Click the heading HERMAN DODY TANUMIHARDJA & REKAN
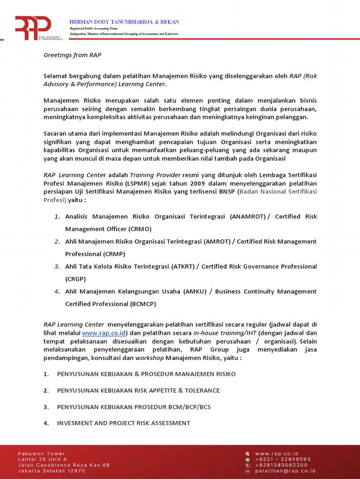pyautogui.click(x=124, y=22)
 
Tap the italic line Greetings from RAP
pyautogui.click(x=72, y=55)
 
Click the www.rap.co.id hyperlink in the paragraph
pyautogui.click(x=103, y=333)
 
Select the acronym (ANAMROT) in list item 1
pyautogui.click(x=248, y=217)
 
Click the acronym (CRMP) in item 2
pyautogui.click(x=114, y=254)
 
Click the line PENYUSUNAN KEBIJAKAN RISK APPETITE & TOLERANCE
pyautogui.click(x=138, y=390)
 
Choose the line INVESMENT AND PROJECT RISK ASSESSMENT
pyautogui.click(x=123, y=423)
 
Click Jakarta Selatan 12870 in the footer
pyautogui.click(x=52, y=471)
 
